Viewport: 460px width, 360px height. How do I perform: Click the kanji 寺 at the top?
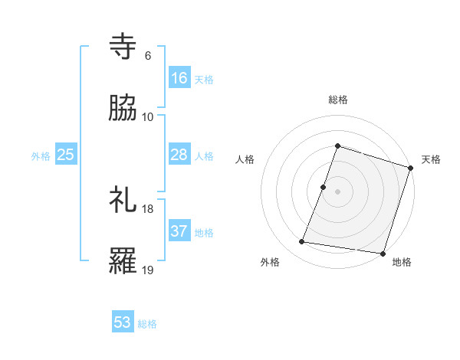click(123, 47)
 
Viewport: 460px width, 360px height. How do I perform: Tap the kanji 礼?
click(123, 200)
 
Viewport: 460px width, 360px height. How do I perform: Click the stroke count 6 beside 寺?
click(147, 55)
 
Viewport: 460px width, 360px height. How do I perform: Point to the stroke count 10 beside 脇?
click(148, 116)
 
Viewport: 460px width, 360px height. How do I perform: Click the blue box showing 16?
click(179, 78)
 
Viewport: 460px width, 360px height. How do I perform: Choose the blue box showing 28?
click(179, 155)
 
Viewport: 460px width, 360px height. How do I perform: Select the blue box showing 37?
click(179, 231)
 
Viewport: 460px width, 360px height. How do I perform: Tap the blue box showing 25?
click(66, 155)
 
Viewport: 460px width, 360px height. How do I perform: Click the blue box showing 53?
click(123, 322)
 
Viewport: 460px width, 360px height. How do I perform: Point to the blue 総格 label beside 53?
click(147, 324)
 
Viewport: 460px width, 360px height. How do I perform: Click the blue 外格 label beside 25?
click(41, 156)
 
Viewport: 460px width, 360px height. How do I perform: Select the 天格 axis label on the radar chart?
click(431, 159)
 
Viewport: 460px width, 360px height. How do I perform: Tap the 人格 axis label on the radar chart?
click(245, 159)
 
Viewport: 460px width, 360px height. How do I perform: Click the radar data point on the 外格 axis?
click(302, 242)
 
